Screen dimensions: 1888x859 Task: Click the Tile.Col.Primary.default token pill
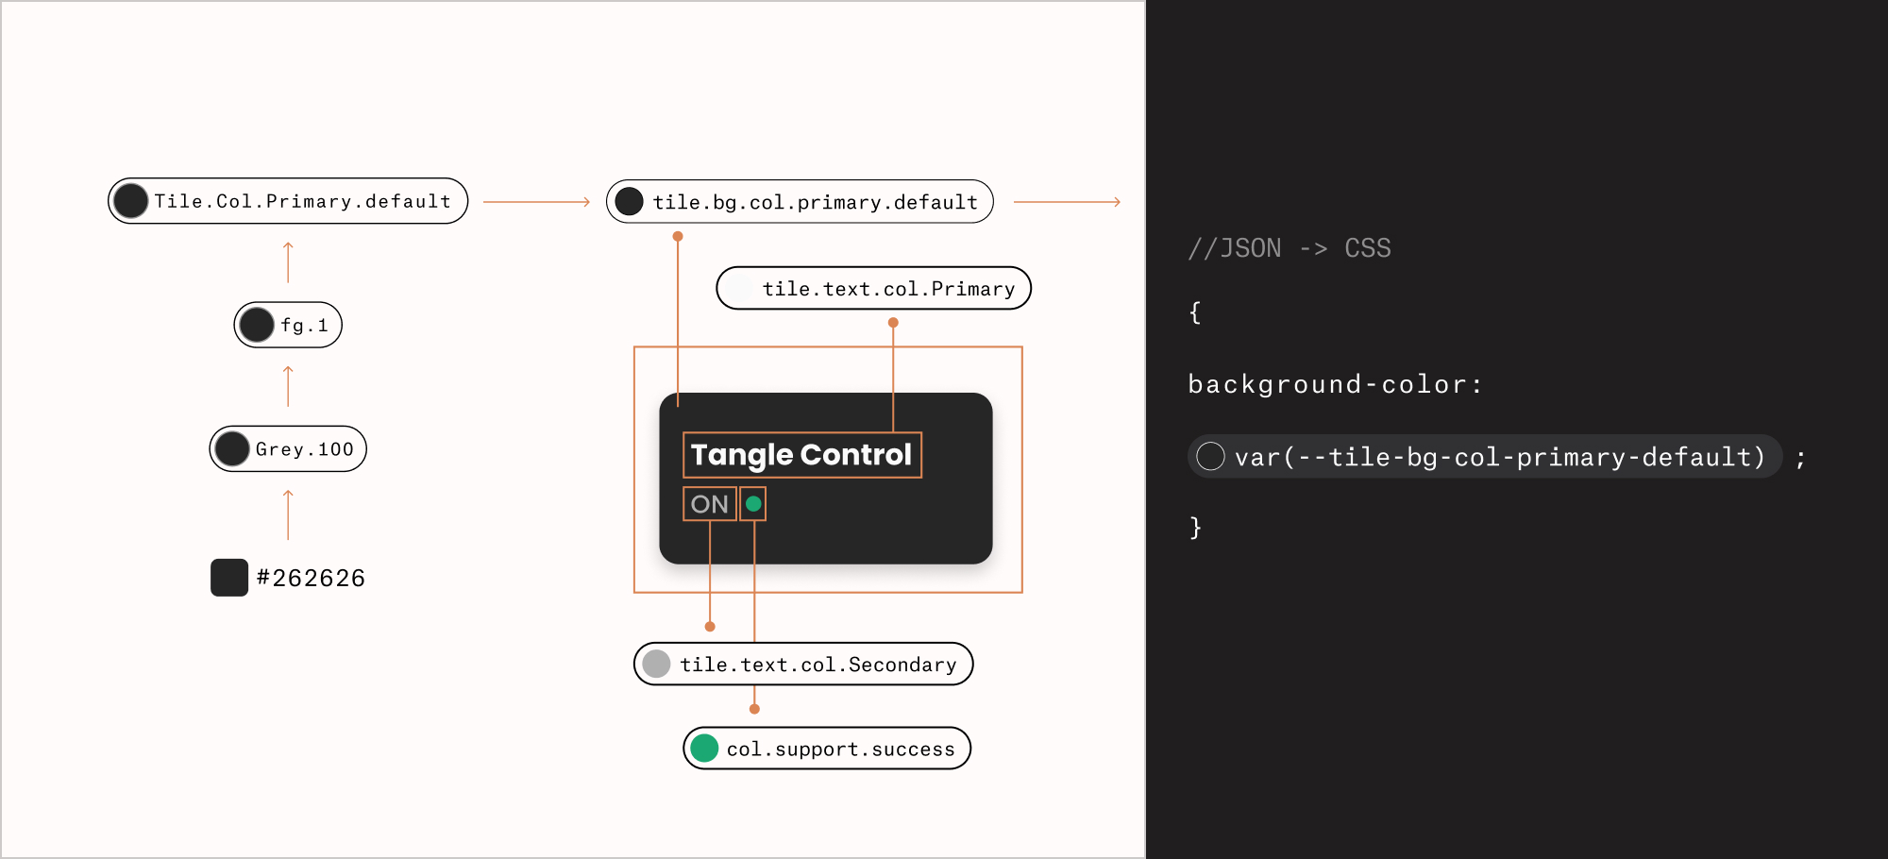tap(288, 201)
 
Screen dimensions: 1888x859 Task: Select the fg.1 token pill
tap(288, 325)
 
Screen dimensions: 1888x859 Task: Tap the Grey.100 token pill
tap(288, 448)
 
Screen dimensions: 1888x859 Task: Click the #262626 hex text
tap(311, 578)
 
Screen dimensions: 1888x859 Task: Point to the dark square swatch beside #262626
tap(229, 578)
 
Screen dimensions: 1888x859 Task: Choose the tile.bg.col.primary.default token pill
tap(800, 201)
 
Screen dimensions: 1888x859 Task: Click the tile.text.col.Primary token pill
tap(873, 288)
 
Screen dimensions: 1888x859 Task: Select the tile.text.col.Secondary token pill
tap(803, 664)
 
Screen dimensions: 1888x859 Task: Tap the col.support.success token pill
tap(827, 749)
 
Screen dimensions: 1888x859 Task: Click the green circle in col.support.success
tap(704, 749)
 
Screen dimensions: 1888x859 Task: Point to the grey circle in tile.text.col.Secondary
tap(656, 664)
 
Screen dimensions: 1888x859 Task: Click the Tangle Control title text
tap(801, 455)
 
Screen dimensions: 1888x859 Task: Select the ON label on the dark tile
tap(710, 504)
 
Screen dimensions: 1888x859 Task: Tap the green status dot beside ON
tap(753, 504)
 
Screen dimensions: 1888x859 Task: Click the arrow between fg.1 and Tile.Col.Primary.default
tap(288, 262)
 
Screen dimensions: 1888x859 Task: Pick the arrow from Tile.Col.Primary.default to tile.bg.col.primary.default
tap(537, 202)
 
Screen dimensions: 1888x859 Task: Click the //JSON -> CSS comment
tap(1290, 248)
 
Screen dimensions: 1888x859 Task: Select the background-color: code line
tap(1336, 384)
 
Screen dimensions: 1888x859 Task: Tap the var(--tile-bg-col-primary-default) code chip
tap(1485, 457)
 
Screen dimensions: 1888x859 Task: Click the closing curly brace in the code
tap(1195, 527)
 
